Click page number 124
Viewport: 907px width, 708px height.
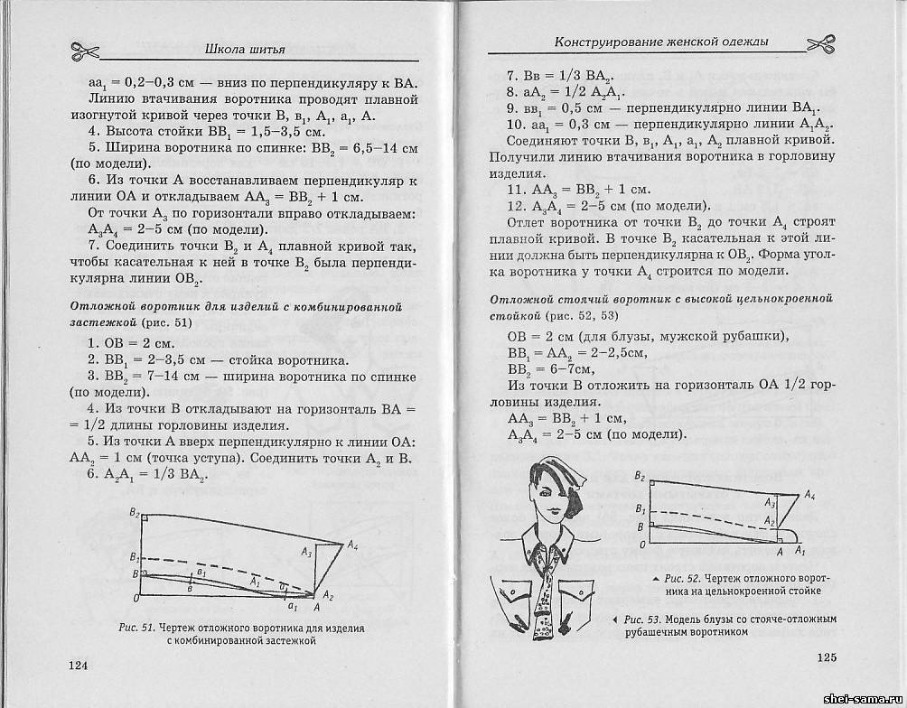[79, 666]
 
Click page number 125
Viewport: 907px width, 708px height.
[830, 657]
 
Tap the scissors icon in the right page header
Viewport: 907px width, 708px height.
[823, 43]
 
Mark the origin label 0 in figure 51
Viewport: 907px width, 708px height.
[136, 598]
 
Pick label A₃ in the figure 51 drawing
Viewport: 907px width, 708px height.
[307, 552]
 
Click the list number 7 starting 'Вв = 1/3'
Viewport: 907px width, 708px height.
[510, 76]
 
